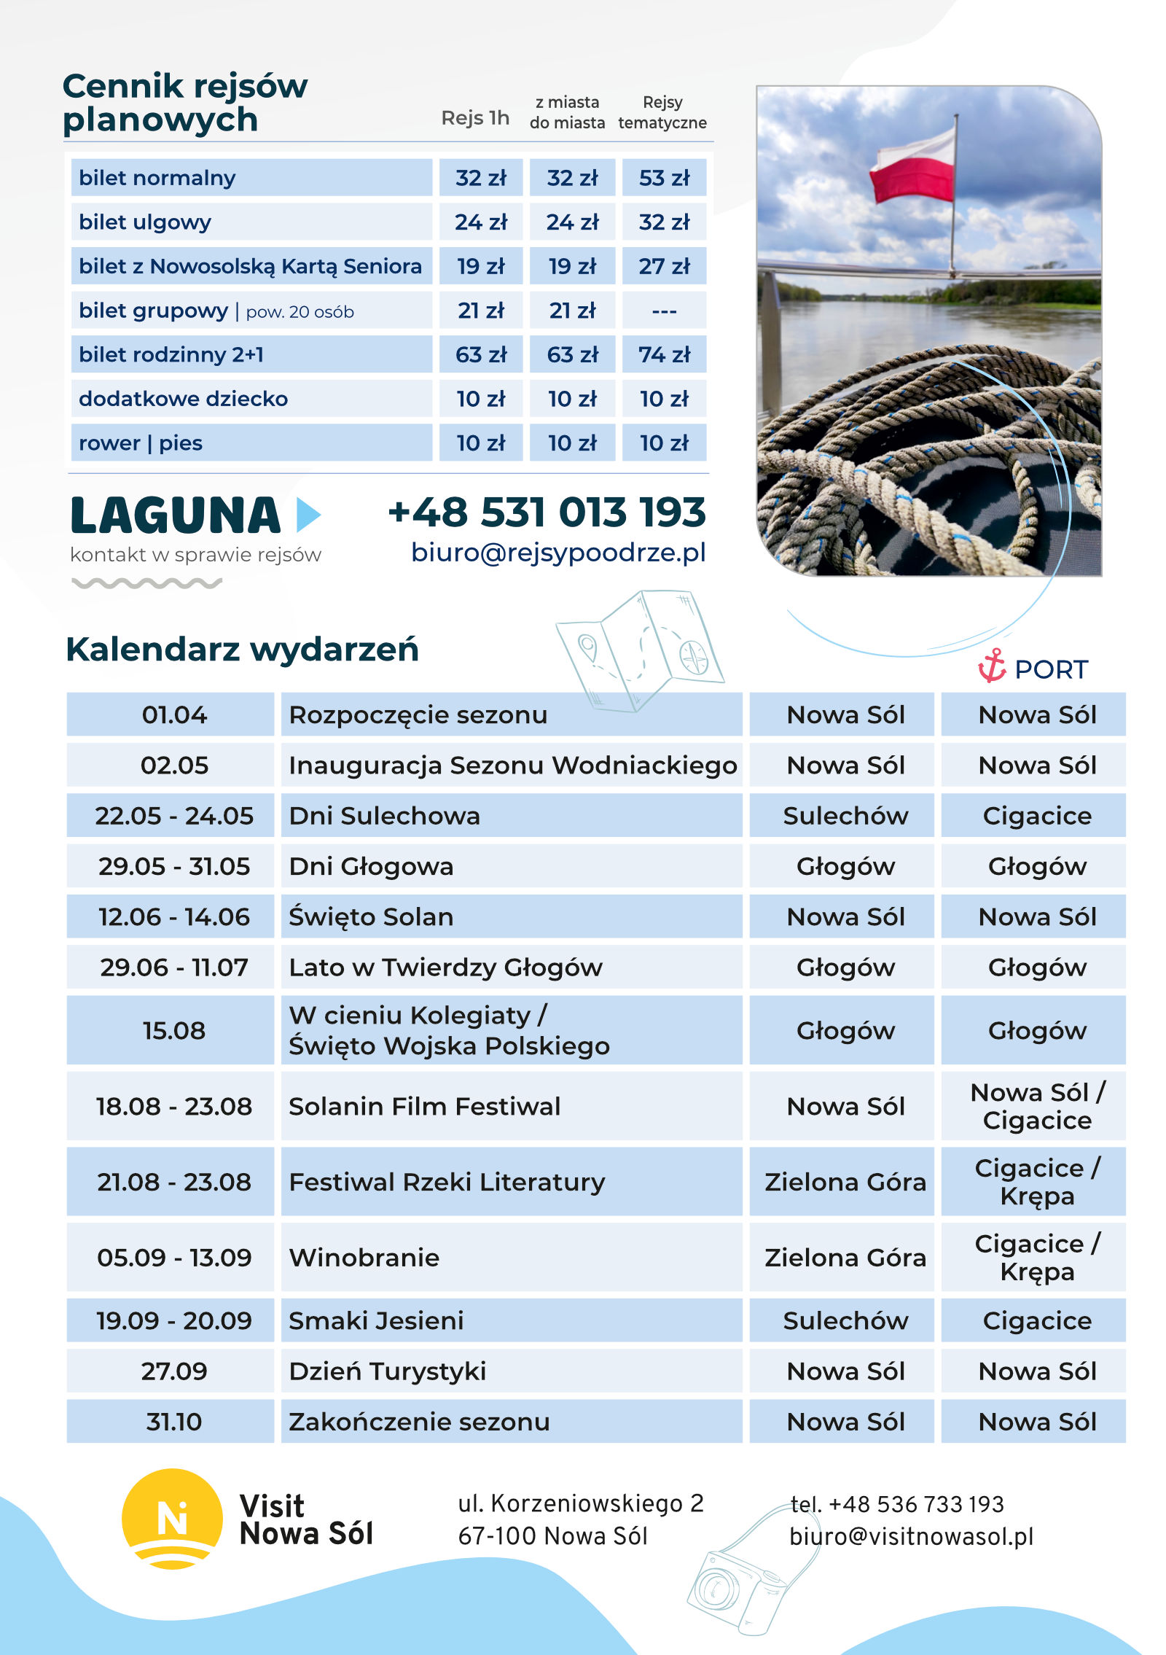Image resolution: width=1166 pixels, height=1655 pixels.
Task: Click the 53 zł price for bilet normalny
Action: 663,178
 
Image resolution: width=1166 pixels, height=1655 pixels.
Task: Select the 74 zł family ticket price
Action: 663,355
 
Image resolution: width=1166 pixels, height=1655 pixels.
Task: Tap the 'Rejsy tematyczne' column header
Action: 662,113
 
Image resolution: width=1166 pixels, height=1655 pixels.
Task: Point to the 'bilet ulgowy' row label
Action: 145,222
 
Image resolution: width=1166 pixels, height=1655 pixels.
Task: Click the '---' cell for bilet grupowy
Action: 663,311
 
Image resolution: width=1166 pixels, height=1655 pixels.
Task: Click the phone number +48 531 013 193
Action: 547,513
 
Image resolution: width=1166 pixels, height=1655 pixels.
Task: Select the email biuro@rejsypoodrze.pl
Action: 558,553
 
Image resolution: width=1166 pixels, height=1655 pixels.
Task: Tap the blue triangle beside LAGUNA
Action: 308,515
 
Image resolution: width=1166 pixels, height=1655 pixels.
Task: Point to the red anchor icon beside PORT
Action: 991,666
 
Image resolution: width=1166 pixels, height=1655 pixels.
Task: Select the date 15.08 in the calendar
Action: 173,1031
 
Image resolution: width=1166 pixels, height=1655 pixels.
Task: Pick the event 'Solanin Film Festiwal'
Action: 424,1107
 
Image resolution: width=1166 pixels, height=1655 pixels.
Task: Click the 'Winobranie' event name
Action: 364,1258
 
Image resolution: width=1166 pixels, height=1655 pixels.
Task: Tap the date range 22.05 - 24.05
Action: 173,816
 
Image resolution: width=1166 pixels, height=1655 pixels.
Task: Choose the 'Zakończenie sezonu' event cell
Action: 419,1422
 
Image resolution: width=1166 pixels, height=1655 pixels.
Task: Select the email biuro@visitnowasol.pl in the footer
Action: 911,1537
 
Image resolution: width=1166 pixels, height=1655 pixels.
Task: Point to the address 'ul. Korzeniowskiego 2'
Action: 580,1503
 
